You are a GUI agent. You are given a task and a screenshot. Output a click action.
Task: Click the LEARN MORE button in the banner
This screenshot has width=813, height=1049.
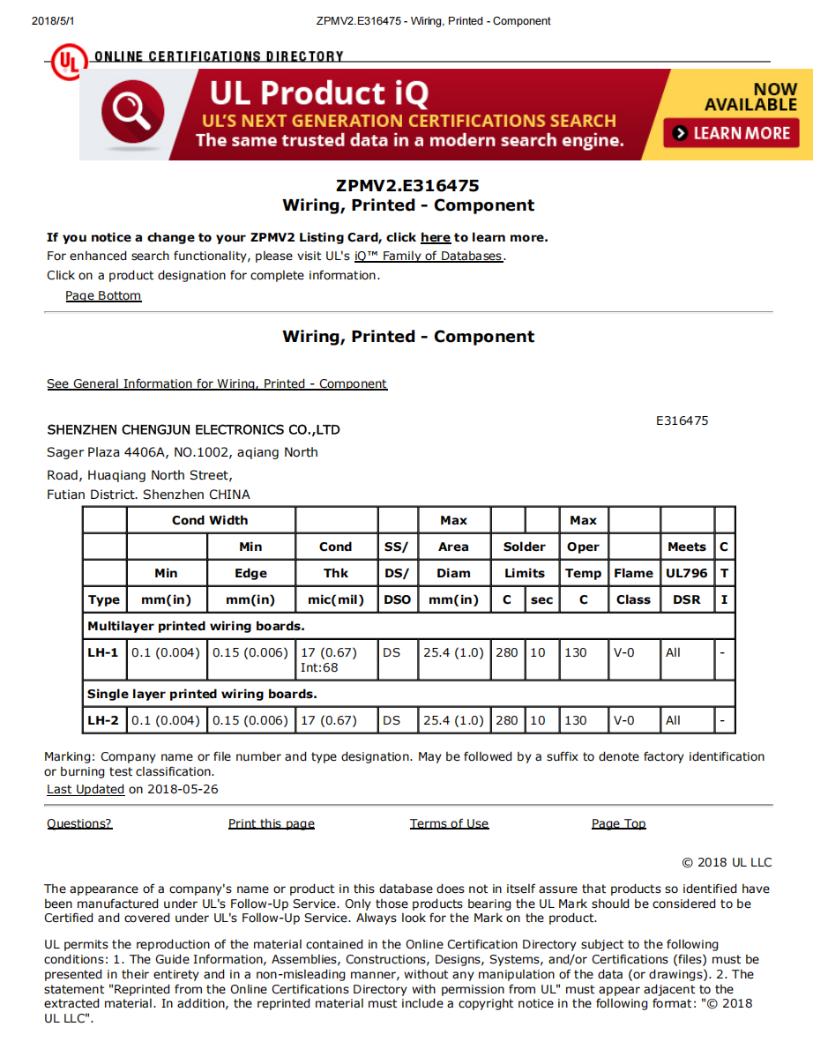[x=732, y=133]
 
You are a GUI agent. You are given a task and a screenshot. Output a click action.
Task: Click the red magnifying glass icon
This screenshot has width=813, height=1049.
[x=132, y=113]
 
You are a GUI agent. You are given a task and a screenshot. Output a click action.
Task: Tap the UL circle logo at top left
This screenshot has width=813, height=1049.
[x=69, y=62]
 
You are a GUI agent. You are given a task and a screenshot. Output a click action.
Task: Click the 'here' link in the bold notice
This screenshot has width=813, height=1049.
[x=436, y=237]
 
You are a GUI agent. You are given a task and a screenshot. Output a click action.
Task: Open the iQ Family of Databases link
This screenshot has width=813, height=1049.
[x=429, y=256]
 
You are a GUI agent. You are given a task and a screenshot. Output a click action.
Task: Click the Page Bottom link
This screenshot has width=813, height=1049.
[x=103, y=295]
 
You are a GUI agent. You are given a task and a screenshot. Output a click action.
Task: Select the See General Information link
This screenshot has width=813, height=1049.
[x=217, y=383]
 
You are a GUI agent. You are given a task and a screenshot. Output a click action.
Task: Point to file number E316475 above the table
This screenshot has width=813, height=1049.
[x=682, y=420]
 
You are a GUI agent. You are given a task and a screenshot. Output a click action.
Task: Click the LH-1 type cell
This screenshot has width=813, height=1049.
[x=103, y=652]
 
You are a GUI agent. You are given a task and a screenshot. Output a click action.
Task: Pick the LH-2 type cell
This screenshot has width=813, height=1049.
[x=103, y=720]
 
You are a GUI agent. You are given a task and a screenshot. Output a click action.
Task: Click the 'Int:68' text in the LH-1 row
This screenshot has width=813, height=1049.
[x=319, y=667]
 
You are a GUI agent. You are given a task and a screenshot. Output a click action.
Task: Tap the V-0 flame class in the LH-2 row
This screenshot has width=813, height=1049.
[x=623, y=720]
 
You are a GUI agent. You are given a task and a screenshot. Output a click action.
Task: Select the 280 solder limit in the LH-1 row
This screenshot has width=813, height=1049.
[x=507, y=652]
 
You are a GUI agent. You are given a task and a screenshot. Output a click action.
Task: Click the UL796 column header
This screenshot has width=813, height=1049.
[x=686, y=573]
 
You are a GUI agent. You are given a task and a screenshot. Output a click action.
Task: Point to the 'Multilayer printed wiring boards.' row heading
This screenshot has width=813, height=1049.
[x=196, y=626]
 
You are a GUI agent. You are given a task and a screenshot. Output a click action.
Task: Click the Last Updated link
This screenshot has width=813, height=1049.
[x=86, y=789]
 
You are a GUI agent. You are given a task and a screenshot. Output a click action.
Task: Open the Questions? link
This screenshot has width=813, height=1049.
[x=79, y=823]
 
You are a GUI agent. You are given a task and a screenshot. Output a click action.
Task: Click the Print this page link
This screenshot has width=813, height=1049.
[x=272, y=823]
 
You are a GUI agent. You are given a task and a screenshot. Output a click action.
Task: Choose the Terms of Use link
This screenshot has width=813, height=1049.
[x=449, y=823]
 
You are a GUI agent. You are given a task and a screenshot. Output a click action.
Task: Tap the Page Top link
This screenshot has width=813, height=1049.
[x=618, y=823]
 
